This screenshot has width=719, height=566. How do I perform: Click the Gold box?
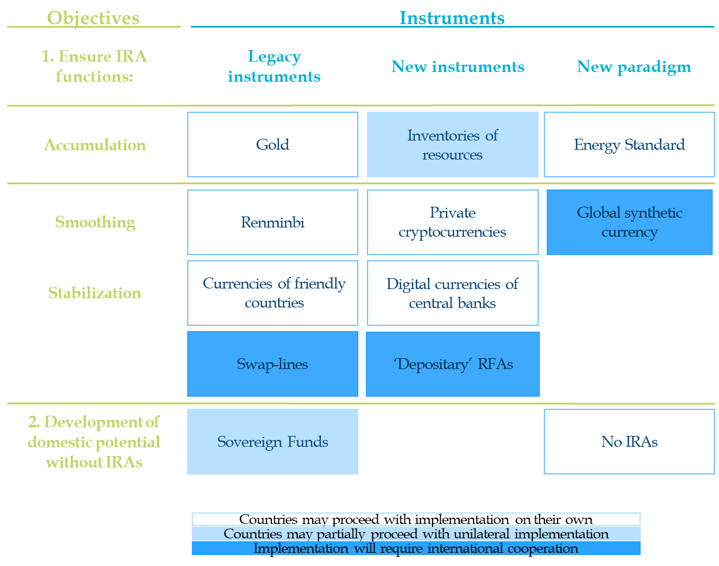tap(273, 145)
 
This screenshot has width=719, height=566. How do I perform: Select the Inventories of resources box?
tap(452, 145)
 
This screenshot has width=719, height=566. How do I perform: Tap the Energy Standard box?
tap(629, 145)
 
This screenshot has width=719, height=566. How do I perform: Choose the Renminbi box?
tap(273, 222)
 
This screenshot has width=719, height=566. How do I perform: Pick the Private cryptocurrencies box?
tap(452, 222)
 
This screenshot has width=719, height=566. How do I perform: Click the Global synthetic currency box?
tap(630, 222)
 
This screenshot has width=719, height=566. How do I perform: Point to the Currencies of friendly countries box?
tap(273, 293)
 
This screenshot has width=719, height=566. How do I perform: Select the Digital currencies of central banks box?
tap(452, 293)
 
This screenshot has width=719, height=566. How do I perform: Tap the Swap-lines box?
tap(273, 364)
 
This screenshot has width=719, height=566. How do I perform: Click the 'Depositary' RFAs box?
tap(452, 364)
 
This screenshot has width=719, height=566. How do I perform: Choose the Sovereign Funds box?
tap(273, 442)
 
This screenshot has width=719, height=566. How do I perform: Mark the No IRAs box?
tap(629, 442)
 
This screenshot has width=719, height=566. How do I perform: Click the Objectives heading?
tap(93, 18)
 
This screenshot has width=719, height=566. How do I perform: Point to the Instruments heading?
tap(452, 18)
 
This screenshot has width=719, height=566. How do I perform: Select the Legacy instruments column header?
tap(274, 66)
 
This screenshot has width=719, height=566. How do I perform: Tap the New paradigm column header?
tap(634, 67)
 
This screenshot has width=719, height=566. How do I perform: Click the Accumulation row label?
tap(95, 145)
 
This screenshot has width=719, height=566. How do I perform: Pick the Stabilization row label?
tap(95, 293)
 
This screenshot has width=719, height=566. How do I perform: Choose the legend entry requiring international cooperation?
tap(416, 548)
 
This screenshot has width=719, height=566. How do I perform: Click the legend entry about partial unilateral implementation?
tap(416, 534)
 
